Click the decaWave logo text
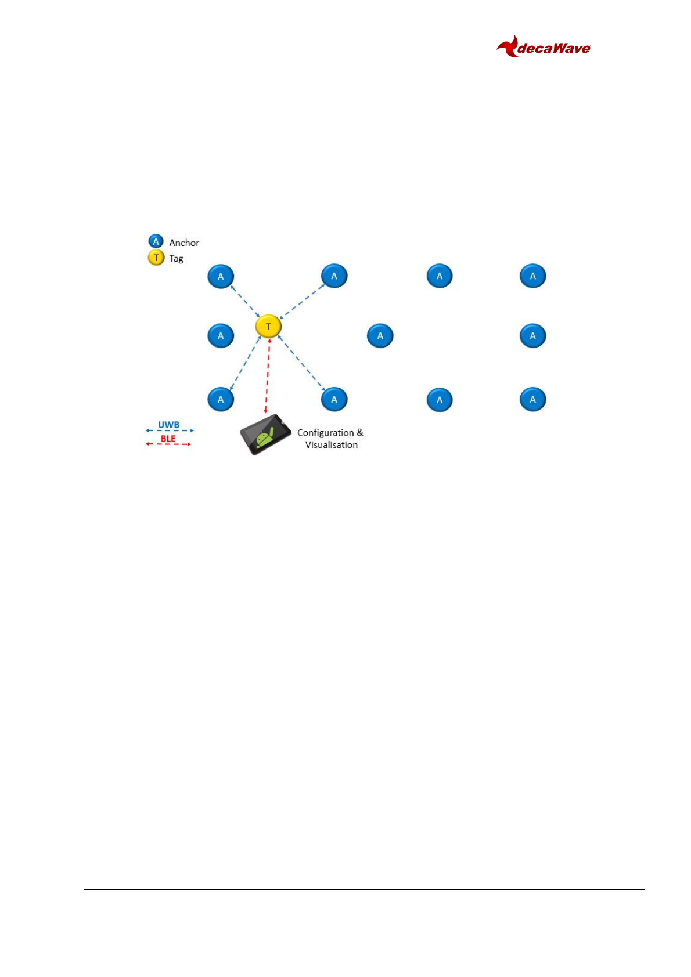coord(553,49)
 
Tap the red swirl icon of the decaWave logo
coord(508,46)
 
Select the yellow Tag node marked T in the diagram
coord(268,327)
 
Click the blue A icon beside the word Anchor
coord(156,241)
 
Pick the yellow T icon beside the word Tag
coord(156,258)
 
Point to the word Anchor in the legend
coord(184,243)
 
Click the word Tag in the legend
coord(176,259)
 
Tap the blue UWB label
coord(168,425)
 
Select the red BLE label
coord(168,439)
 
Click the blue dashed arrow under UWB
coord(169,430)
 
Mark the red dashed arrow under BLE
coord(168,444)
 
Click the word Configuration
coord(325,433)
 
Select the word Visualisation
coord(331,445)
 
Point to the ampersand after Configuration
coord(360,432)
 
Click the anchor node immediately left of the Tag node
coord(221,336)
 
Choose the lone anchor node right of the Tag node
coord(380,336)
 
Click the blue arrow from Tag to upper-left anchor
coord(245,301)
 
